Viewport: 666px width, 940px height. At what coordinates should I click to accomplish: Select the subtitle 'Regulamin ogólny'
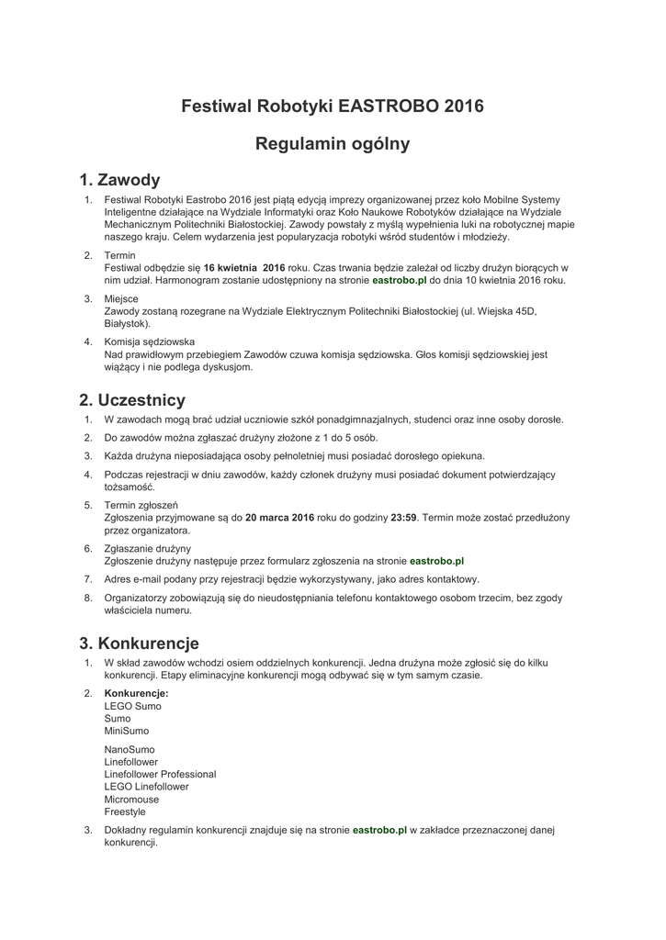tap(333, 144)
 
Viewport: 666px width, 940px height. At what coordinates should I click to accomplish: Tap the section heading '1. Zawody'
tap(120, 180)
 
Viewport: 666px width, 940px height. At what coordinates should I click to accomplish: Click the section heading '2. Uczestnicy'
tap(132, 400)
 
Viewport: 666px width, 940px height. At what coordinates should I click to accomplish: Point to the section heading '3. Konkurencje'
tap(140, 643)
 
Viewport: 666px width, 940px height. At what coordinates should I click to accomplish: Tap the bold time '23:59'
tap(404, 518)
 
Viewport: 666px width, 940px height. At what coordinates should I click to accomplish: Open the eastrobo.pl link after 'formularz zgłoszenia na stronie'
tap(436, 560)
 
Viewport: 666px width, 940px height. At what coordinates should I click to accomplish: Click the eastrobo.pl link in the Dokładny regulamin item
tap(379, 830)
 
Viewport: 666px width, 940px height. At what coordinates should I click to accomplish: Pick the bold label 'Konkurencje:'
tap(137, 693)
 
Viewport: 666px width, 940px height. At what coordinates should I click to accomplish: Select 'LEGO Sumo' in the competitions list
tap(133, 706)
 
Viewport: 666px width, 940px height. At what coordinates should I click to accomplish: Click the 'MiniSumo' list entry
tap(127, 732)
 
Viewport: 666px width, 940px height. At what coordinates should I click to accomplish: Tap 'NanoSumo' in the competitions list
tap(130, 749)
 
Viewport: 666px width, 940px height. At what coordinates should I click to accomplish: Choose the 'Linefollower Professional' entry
tap(161, 775)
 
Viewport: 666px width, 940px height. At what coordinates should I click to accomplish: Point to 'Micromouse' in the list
tap(131, 800)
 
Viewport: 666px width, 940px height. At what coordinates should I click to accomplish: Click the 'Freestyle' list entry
tap(125, 812)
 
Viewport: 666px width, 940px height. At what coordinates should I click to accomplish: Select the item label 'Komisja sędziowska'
tap(150, 341)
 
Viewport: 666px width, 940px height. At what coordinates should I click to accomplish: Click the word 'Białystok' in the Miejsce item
tap(126, 324)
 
